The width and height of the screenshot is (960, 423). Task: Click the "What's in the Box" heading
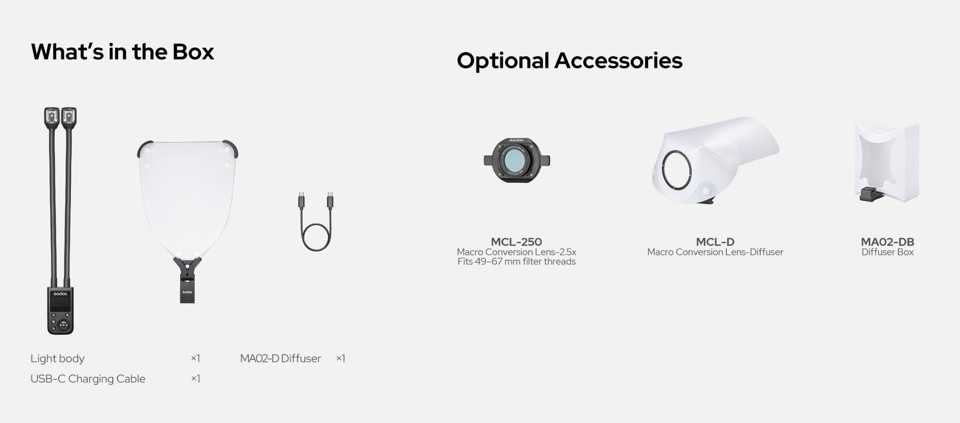pos(122,52)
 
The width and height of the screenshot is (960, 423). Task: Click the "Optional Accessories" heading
pos(569,61)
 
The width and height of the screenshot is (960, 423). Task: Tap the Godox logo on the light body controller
pos(60,294)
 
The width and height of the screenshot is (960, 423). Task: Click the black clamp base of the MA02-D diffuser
pos(187,281)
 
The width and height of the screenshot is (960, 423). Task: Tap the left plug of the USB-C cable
pos(301,200)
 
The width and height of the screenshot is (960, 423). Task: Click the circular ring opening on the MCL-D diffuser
pos(677,170)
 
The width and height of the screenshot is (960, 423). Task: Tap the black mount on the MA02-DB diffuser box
pos(870,194)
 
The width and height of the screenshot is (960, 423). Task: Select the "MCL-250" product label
pos(516,242)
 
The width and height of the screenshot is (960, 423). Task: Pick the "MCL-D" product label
pos(715,242)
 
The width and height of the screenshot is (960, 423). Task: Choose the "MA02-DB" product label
pos(888,242)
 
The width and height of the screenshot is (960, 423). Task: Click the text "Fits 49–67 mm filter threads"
pos(516,261)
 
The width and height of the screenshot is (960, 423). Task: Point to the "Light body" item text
pos(57,359)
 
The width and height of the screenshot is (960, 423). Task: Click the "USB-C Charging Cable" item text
pos(88,379)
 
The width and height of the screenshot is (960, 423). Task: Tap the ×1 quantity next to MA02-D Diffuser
pos(341,359)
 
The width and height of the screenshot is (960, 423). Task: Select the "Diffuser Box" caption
pos(888,252)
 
